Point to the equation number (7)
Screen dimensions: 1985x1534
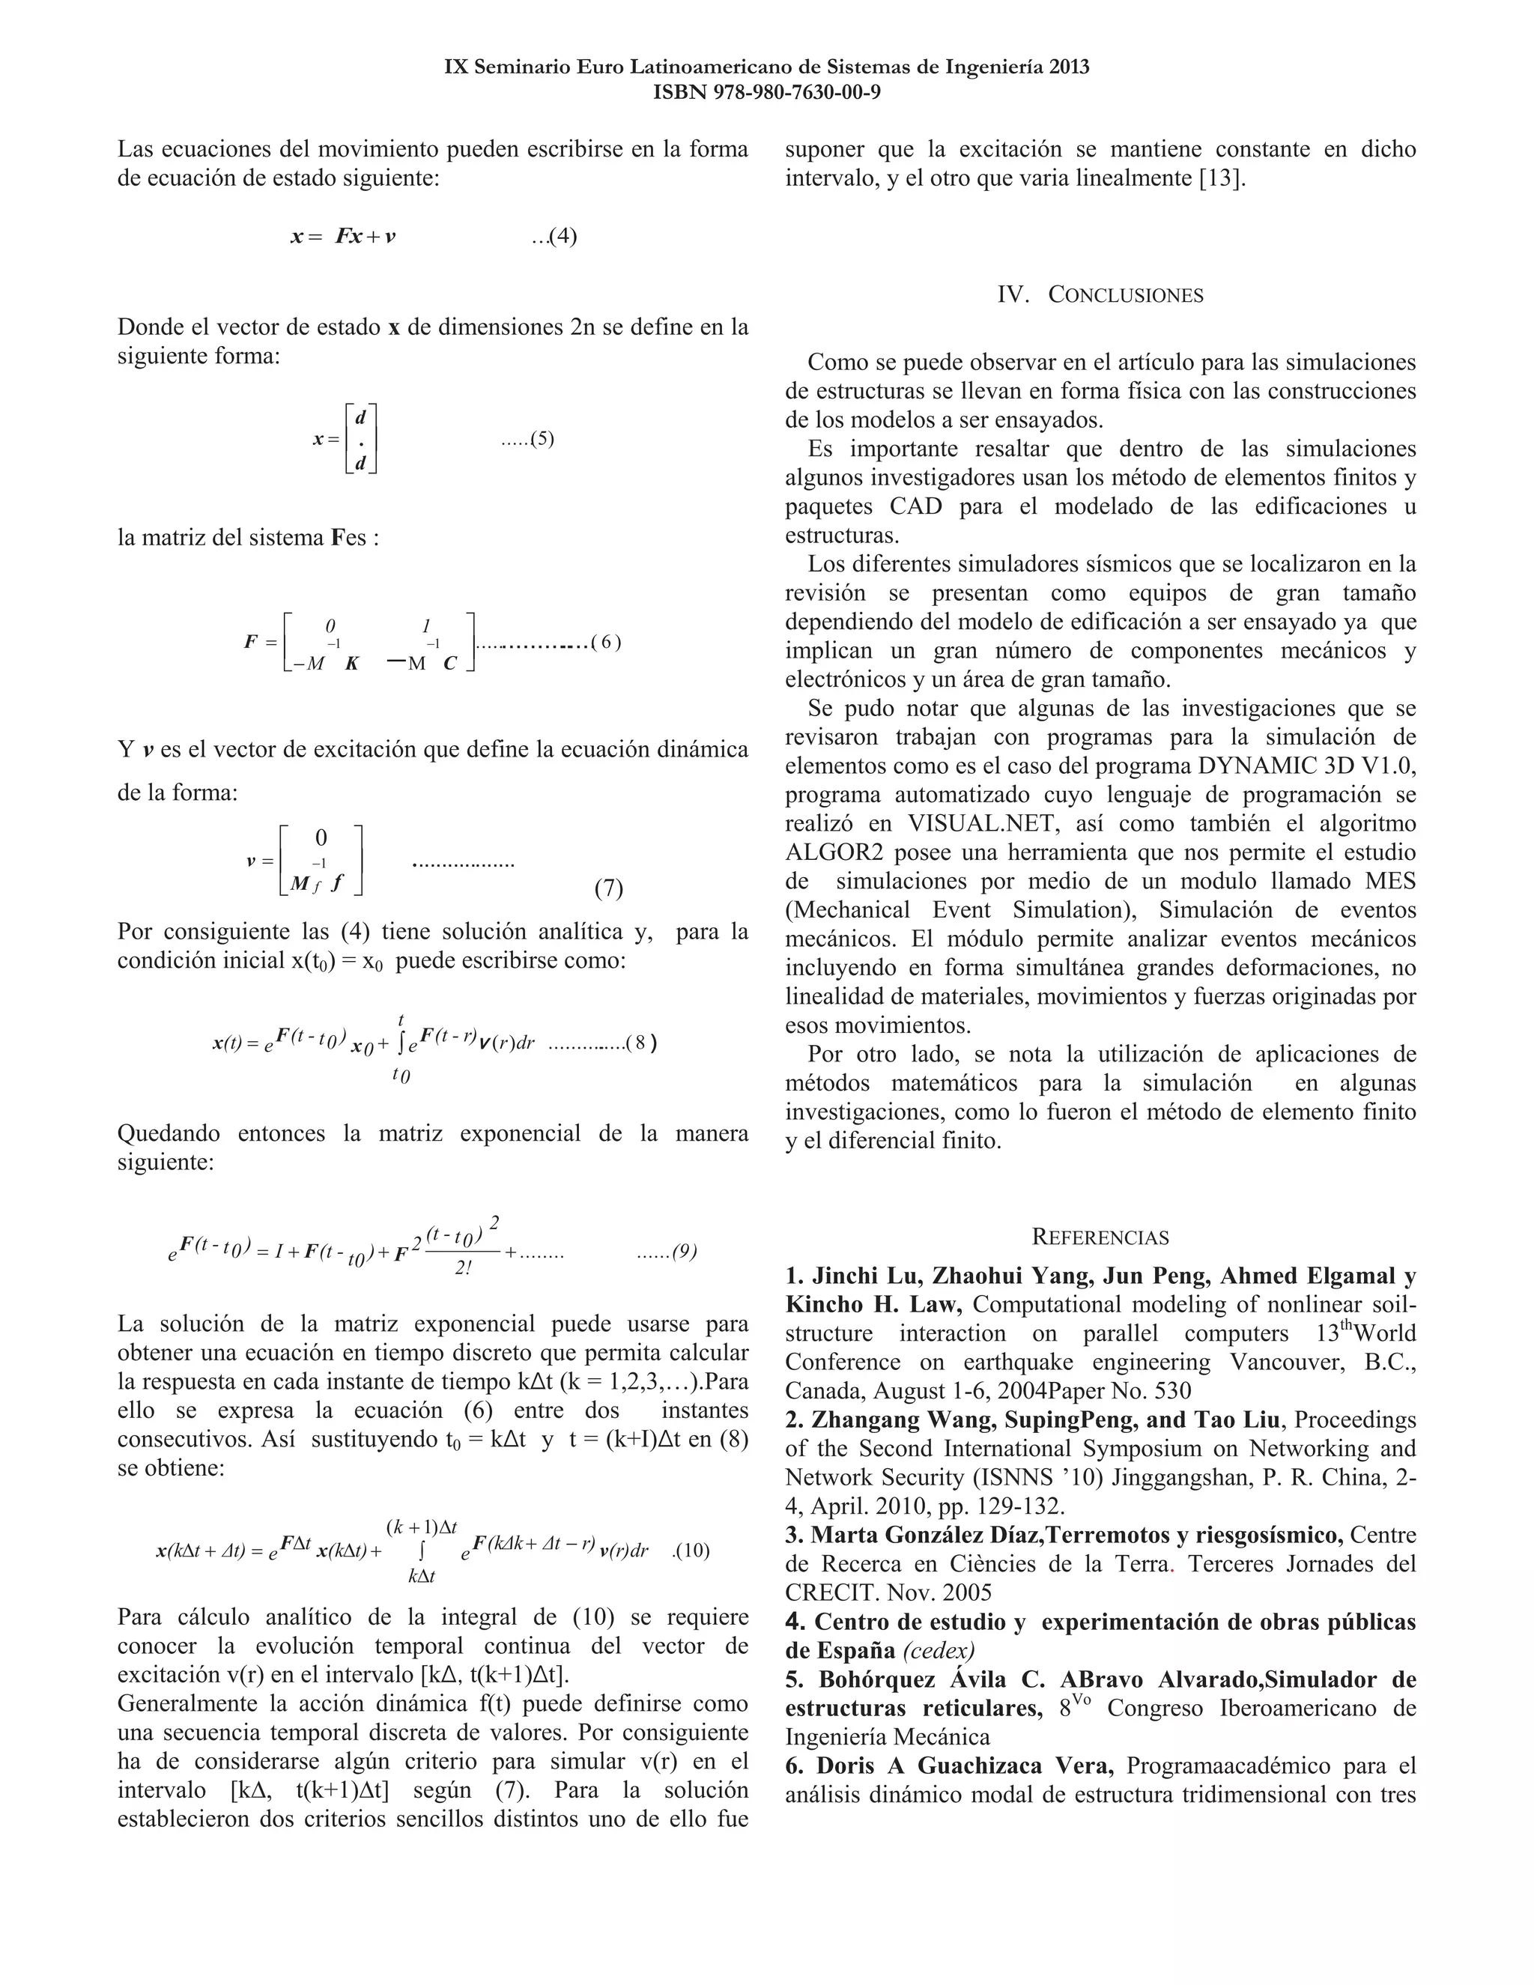608,888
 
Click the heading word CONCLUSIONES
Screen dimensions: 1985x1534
1126,294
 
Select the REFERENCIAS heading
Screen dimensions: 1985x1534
1100,1237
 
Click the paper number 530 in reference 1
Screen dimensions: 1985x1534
1173,1392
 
